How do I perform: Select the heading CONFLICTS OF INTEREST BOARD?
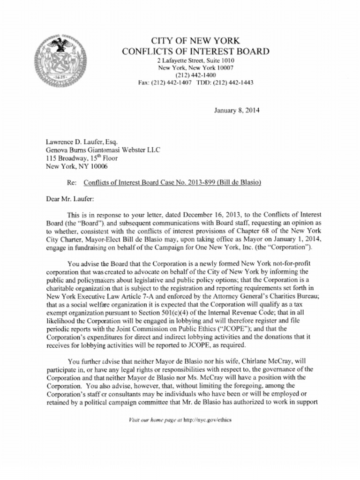[x=195, y=51]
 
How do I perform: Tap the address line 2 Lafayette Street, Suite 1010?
[x=195, y=61]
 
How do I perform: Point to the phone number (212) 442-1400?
[x=195, y=75]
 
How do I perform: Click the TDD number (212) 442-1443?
[x=233, y=82]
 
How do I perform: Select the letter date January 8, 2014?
[x=237, y=111]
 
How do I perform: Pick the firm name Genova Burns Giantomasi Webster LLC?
[x=103, y=150]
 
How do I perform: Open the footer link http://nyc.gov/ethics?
[x=207, y=420]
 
